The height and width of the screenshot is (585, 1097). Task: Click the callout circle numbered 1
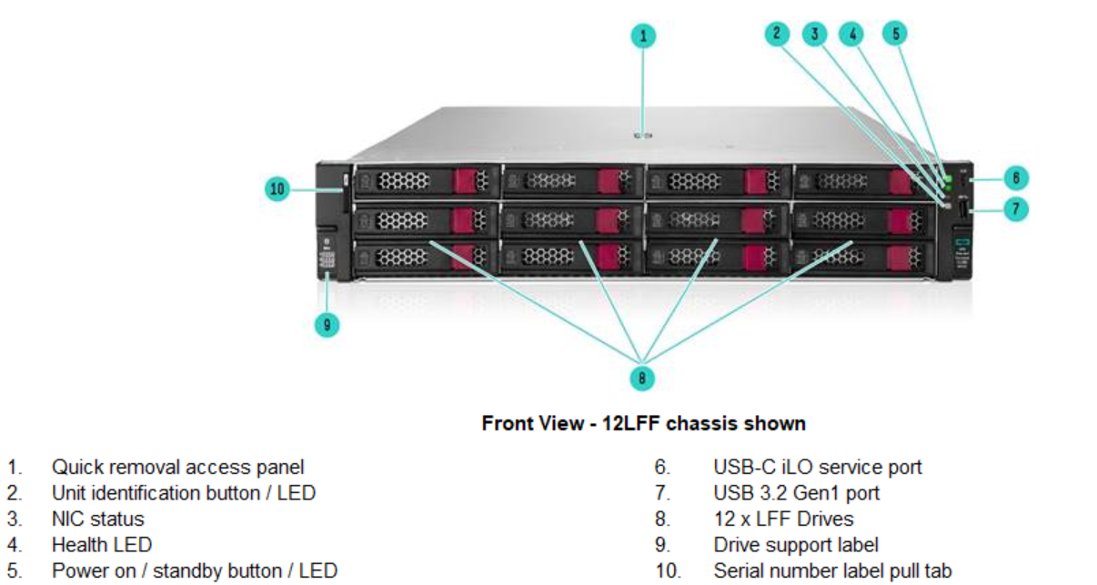[x=643, y=36]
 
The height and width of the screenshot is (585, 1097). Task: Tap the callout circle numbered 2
[x=777, y=35]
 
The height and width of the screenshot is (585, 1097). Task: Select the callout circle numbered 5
[x=895, y=35]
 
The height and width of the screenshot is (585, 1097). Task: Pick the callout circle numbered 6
[x=1016, y=177]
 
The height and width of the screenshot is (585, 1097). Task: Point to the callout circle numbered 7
[x=1016, y=209]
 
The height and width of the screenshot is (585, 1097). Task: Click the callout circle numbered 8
[x=642, y=377]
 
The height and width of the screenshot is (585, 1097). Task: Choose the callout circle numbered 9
[x=327, y=325]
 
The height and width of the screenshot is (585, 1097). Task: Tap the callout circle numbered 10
[x=277, y=189]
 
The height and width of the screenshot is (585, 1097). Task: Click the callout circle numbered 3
[x=815, y=35]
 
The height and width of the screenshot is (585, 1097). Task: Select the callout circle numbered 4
[x=852, y=35]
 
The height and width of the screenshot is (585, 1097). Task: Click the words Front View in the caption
[x=529, y=423]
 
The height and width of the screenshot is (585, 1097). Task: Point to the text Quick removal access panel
[x=177, y=467]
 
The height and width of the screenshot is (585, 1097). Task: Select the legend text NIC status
[x=97, y=519]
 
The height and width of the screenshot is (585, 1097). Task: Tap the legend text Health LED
[x=101, y=545]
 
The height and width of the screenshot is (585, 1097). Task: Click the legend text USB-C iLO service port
[x=817, y=467]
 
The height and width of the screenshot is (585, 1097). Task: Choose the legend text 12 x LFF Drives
[x=783, y=519]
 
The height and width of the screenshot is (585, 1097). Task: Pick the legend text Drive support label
[x=796, y=545]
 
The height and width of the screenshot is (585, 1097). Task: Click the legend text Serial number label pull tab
[x=832, y=571]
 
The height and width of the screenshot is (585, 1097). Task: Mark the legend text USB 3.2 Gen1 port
[x=796, y=493]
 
